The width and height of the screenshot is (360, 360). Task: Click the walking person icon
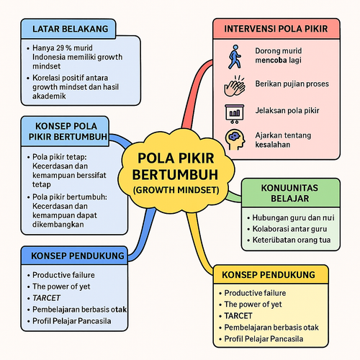(235, 57)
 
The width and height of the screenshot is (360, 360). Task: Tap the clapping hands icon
(235, 86)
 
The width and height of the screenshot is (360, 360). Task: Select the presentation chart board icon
(235, 114)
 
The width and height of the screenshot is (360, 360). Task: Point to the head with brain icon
(235, 140)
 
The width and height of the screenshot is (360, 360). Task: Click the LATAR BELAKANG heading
(71, 29)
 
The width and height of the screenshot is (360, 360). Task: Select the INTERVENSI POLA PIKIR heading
(276, 29)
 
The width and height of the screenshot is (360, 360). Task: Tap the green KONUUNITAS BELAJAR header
(290, 193)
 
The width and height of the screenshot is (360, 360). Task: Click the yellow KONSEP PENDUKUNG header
(269, 275)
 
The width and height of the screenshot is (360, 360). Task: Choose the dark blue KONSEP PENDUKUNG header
(78, 256)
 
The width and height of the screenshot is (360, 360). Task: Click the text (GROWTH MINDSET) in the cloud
(176, 190)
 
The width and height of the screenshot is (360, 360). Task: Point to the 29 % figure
(64, 48)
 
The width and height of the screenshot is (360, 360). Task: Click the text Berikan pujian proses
(292, 84)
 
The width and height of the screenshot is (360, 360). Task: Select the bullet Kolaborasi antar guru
(289, 229)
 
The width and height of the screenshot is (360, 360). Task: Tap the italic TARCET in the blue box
(46, 298)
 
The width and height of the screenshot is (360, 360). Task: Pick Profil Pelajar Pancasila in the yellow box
(264, 339)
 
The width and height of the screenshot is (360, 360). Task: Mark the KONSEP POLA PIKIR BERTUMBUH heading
(68, 132)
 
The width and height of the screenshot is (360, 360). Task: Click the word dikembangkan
(58, 225)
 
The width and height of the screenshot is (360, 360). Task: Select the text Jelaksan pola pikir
(287, 111)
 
